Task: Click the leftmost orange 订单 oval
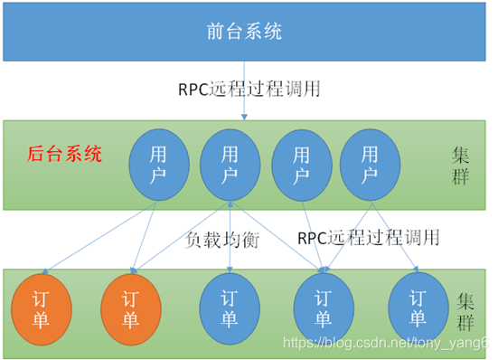point(42,308)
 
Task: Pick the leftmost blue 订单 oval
point(229,308)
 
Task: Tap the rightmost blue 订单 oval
point(417,308)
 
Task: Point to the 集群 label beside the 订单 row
point(465,309)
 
